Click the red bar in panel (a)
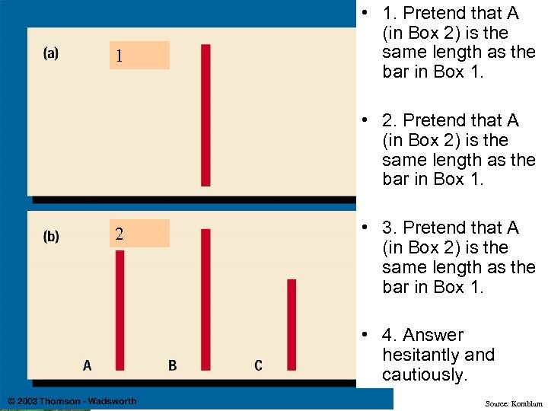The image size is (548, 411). tap(205, 115)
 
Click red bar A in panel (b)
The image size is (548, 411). tap(119, 310)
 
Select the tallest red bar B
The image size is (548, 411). tap(205, 299)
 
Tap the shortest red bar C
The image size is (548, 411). tap(292, 324)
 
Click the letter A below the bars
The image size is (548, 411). tap(88, 366)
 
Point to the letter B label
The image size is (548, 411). tap(173, 366)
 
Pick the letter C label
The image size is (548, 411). tap(259, 366)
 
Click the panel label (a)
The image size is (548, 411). tap(51, 53)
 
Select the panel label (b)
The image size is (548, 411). tap(51, 236)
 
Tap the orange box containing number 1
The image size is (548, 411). tap(139, 56)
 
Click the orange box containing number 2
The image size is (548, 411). tap(139, 234)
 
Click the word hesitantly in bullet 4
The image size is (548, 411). tap(418, 355)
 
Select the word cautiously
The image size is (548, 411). tap(424, 374)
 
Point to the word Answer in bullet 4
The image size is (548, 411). tap(432, 335)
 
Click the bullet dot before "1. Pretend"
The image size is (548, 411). tap(366, 14)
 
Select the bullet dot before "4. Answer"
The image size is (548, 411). tap(366, 336)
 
